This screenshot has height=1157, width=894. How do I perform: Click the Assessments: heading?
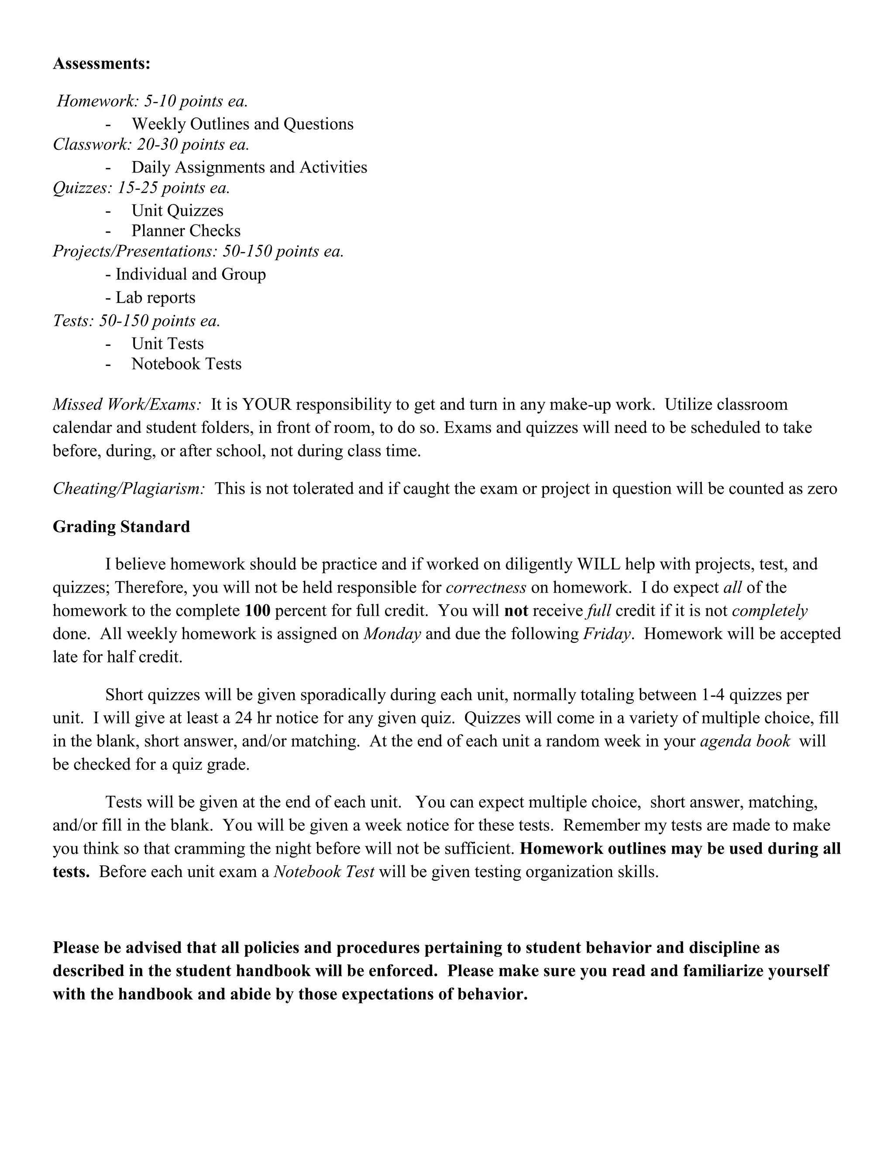tap(102, 64)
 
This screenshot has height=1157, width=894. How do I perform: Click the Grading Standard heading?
tap(121, 527)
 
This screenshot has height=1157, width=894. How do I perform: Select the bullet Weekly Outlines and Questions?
tap(242, 124)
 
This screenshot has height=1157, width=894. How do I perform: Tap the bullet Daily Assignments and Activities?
tap(249, 167)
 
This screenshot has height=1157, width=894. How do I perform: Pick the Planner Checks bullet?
tap(186, 231)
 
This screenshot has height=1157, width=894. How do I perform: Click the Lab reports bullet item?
tap(155, 298)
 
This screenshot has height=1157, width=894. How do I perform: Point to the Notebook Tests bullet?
tap(186, 364)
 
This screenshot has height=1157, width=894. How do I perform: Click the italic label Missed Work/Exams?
tap(127, 405)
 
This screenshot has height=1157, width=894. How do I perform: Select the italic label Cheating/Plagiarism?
tap(129, 489)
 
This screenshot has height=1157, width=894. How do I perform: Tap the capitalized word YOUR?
tap(266, 405)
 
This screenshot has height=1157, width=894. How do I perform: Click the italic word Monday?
tap(392, 634)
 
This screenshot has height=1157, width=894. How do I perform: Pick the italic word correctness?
tap(486, 588)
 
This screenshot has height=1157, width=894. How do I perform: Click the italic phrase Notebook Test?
tap(323, 872)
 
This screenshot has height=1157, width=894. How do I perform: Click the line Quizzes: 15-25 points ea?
tap(141, 188)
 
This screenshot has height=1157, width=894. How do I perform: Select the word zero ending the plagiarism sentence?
tap(822, 489)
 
